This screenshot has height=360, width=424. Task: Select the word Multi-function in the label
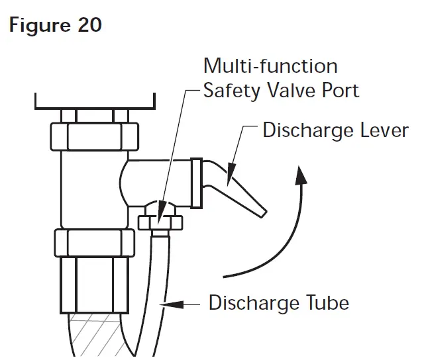coord(270,66)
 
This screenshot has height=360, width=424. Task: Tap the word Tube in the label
coord(325,303)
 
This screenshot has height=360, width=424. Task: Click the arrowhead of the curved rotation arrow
coord(302,173)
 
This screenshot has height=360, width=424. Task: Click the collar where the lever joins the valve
coord(196,181)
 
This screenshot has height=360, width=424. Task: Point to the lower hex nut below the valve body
coord(96,244)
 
